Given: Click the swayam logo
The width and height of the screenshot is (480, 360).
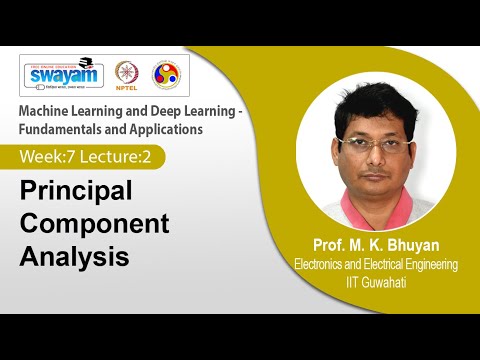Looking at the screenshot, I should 63,75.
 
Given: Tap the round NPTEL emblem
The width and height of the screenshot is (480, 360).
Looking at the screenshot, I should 126,75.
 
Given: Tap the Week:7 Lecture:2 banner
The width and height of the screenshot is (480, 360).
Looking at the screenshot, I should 90,157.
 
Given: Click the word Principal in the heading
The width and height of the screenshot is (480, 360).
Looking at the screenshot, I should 78,190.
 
